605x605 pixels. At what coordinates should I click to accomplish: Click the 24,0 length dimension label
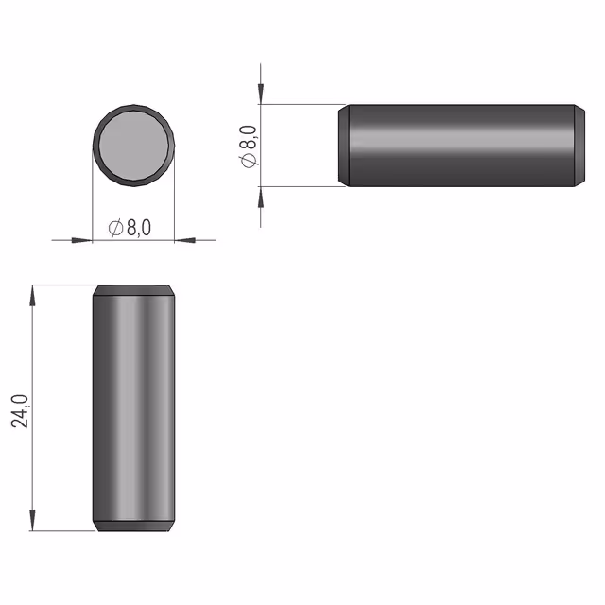[x=20, y=411]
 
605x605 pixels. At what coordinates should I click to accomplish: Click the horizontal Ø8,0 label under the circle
[x=130, y=228]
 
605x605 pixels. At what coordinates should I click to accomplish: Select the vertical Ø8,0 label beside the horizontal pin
[x=249, y=147]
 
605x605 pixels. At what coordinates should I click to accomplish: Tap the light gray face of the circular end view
[x=133, y=146]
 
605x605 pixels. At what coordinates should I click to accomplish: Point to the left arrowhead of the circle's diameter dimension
[x=82, y=240]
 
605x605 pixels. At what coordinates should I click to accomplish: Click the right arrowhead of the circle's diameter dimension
[x=185, y=240]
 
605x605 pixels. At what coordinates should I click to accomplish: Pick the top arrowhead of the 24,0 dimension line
[x=32, y=296]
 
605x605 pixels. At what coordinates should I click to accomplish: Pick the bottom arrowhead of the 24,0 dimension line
[x=32, y=521]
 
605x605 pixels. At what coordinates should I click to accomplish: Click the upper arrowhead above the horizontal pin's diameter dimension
[x=261, y=94]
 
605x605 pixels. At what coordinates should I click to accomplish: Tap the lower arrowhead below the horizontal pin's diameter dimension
[x=261, y=197]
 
